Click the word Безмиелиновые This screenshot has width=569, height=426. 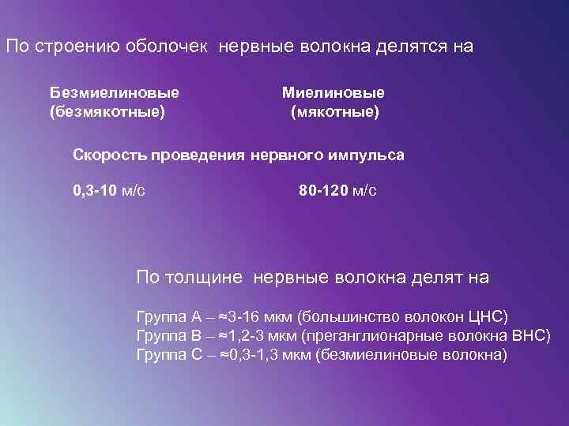coord(114,93)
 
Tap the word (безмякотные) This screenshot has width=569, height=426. coord(107,112)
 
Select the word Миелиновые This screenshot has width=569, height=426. coord(333,93)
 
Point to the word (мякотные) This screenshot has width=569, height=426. coord(335,112)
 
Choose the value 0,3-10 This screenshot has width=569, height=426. coord(93,190)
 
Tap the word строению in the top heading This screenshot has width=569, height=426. coord(77,46)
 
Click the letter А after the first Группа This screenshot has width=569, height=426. coord(197,316)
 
